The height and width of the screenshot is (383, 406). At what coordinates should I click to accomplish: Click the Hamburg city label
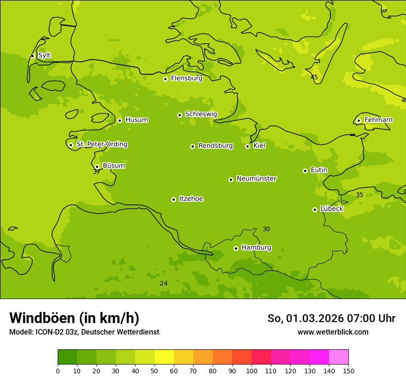(x=256, y=248)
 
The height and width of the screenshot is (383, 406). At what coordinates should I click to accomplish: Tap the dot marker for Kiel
(x=247, y=146)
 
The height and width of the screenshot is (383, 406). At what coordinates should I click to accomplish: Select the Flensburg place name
(x=186, y=78)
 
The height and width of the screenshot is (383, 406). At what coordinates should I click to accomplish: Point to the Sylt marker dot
(x=32, y=56)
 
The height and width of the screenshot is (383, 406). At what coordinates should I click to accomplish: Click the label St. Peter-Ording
(x=101, y=144)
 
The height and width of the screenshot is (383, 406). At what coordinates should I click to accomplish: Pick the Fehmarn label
(x=378, y=120)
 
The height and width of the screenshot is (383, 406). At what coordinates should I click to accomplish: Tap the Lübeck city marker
(x=315, y=209)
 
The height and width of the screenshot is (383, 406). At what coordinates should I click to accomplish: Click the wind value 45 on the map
(x=314, y=77)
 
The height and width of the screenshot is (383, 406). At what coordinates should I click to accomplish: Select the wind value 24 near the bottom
(x=164, y=283)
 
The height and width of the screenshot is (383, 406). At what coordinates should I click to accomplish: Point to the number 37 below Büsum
(x=96, y=172)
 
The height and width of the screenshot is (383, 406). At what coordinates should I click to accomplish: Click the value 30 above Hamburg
(x=266, y=229)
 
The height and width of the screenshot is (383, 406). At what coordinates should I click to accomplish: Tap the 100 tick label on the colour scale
(x=251, y=371)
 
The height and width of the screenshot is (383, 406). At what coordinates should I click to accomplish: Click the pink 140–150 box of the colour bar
(x=339, y=357)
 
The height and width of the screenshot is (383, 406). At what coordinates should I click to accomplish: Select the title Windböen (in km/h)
(x=74, y=318)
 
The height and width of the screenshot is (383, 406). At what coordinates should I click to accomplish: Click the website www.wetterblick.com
(x=333, y=332)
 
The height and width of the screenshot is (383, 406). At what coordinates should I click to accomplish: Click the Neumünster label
(x=256, y=179)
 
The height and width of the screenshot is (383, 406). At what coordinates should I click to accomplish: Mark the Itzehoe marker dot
(x=173, y=199)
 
